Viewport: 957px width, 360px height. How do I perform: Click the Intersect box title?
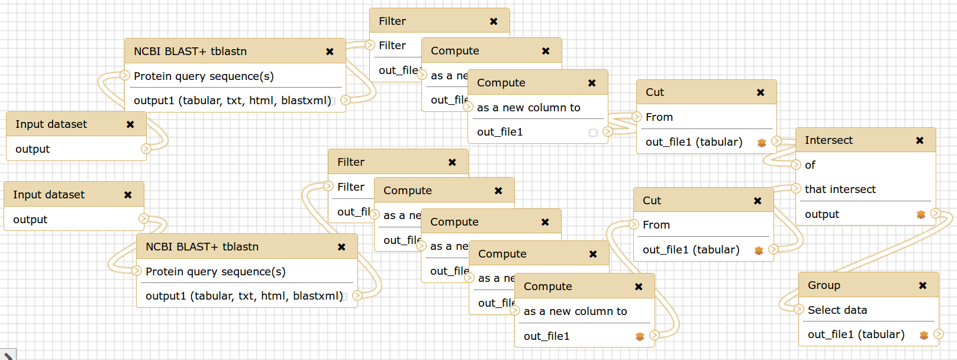click(x=829, y=140)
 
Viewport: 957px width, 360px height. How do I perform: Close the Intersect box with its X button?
click(x=920, y=140)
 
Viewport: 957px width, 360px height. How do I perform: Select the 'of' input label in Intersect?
click(x=810, y=165)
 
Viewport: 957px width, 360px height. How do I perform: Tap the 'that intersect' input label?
click(x=840, y=189)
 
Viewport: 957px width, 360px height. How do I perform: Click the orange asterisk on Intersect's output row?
click(x=921, y=214)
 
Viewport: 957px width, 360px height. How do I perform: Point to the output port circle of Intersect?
click(x=935, y=213)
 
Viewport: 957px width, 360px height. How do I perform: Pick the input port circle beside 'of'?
click(x=796, y=165)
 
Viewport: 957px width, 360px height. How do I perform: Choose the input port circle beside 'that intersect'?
click(x=796, y=188)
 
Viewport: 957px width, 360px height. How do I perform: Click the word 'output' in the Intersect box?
click(x=821, y=214)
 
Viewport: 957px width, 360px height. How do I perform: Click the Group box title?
click(x=824, y=285)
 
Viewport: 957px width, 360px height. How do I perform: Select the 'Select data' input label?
click(x=837, y=310)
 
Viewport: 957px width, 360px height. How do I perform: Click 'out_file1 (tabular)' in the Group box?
click(x=856, y=335)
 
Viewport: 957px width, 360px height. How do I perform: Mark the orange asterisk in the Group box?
click(x=924, y=335)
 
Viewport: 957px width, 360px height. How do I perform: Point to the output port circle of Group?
click(x=938, y=334)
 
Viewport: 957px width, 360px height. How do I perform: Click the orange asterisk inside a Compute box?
click(x=640, y=336)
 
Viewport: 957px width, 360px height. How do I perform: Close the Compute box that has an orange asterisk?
click(x=639, y=287)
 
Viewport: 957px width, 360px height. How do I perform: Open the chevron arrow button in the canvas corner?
click(x=8, y=355)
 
